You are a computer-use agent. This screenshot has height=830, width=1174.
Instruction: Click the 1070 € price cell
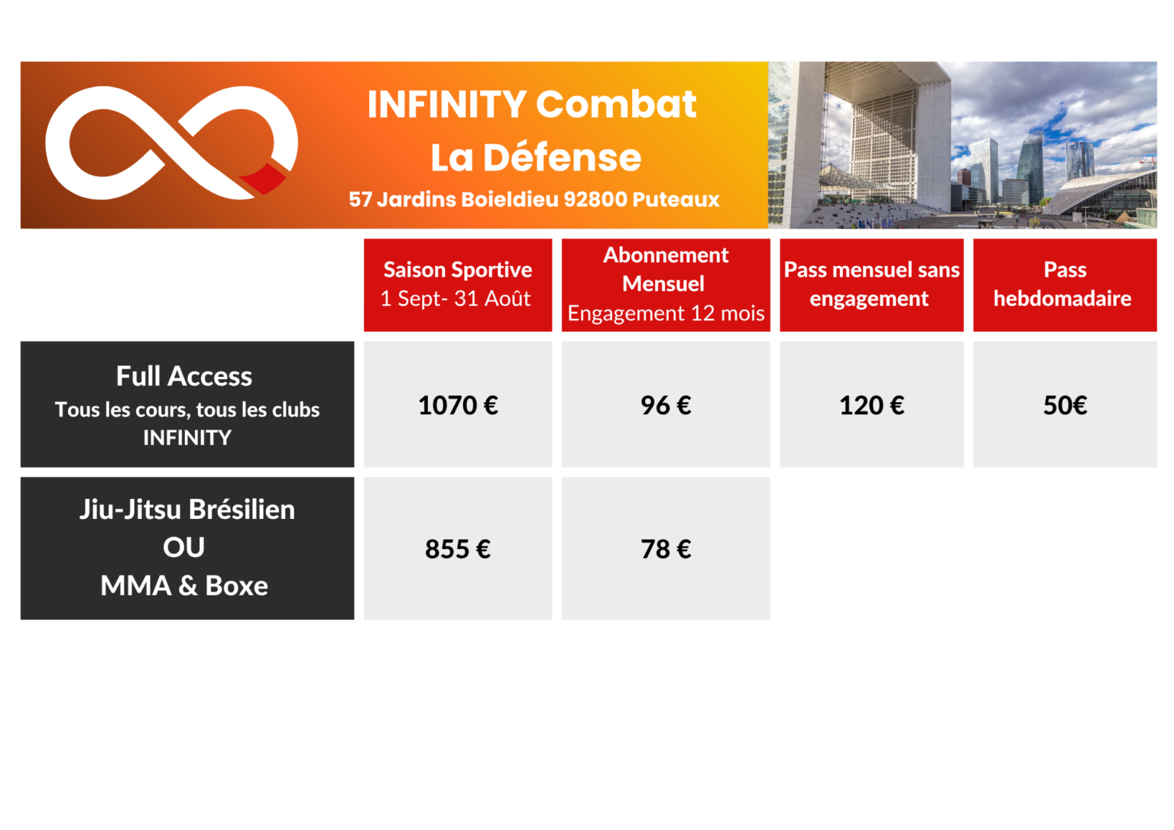coord(458,405)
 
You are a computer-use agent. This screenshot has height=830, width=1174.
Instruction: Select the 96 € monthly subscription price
coord(666,405)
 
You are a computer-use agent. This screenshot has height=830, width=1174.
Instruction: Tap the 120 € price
coord(871,405)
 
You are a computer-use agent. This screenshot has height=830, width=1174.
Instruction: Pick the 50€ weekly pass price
coord(1065,405)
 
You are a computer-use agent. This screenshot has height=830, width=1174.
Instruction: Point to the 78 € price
coord(666,550)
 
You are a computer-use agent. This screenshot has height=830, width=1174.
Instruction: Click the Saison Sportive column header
coord(458,270)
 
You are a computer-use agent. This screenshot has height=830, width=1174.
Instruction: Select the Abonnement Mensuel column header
coord(666,269)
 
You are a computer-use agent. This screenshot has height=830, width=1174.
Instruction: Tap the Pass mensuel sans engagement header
coord(871,284)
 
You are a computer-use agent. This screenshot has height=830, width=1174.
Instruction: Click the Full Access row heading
coord(184,376)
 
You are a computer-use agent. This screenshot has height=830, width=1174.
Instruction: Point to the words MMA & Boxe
coord(184,585)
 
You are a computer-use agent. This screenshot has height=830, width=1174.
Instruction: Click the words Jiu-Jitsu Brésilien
coord(187,509)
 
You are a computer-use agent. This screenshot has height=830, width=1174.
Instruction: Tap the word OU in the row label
coord(183,547)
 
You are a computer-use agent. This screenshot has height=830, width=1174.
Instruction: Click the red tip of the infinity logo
coord(264,178)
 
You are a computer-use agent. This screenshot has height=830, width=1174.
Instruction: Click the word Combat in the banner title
coord(616,104)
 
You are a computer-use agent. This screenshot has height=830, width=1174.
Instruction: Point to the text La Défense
coord(536,157)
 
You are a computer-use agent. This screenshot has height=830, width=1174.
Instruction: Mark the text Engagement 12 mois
coord(666,313)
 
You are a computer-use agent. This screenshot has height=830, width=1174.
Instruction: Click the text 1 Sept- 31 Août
coord(456,299)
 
